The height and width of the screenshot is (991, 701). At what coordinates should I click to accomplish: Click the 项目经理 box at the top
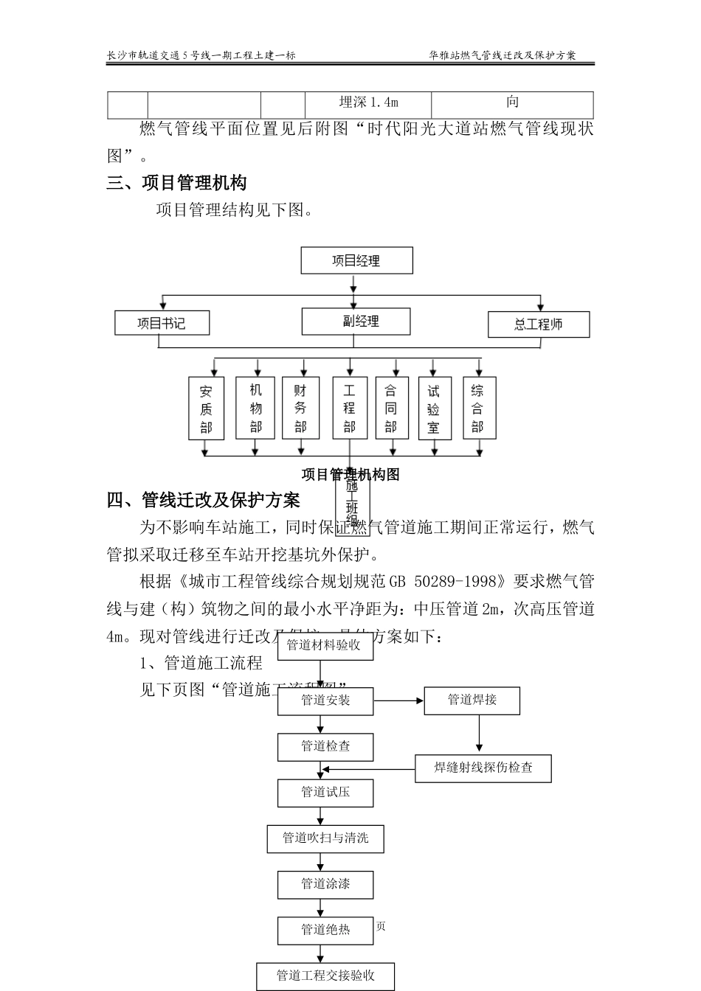point(356,261)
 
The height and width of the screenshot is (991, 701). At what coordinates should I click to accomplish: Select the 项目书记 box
point(162,323)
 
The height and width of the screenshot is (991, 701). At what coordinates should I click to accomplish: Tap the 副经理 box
point(356,321)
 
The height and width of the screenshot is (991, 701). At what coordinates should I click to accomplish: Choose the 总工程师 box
point(539,324)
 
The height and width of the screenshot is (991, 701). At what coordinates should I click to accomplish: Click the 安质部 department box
point(206,408)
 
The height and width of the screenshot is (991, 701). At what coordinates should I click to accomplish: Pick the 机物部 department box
point(255,408)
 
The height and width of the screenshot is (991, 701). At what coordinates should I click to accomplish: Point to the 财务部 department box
point(300,408)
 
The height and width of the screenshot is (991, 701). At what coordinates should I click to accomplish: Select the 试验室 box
point(434,408)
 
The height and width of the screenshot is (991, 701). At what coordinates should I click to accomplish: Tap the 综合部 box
point(478,408)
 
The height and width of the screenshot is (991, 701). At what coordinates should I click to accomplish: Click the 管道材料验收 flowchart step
point(323,645)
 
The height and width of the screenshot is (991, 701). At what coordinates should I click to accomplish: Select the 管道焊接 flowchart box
point(472,700)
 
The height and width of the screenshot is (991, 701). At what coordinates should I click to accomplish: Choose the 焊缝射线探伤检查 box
point(483,768)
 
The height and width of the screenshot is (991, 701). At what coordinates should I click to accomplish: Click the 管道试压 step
point(325,793)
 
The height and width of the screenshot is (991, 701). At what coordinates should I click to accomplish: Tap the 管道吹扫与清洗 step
point(325,838)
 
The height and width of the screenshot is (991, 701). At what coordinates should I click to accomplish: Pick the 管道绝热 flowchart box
point(325,930)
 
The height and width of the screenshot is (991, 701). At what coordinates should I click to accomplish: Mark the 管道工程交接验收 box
point(325,976)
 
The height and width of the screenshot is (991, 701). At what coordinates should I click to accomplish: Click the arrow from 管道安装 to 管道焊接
point(398,700)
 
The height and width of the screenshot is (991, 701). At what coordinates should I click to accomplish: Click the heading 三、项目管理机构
point(176,183)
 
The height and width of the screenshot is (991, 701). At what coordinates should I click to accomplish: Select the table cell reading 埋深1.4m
point(368,103)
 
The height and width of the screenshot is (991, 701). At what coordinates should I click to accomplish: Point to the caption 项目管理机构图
point(350,475)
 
